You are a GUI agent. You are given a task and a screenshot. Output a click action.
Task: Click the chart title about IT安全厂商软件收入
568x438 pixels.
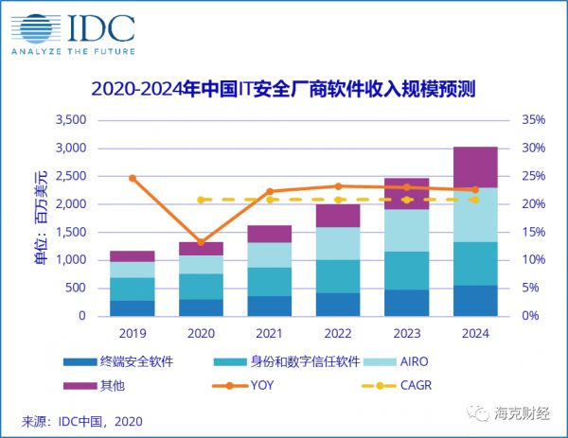click(283, 90)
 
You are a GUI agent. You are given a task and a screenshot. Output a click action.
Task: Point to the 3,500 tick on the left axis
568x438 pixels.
click(72, 120)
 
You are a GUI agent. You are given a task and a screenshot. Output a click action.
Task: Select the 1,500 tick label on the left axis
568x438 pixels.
click(72, 232)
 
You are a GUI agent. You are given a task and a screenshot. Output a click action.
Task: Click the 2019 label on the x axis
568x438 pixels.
click(133, 334)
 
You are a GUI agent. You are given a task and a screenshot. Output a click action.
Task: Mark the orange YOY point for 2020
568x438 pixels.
click(201, 242)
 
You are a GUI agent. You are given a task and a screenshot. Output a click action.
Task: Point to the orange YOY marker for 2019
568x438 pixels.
click(133, 178)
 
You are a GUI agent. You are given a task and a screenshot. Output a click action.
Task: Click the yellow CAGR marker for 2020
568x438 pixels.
click(201, 200)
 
